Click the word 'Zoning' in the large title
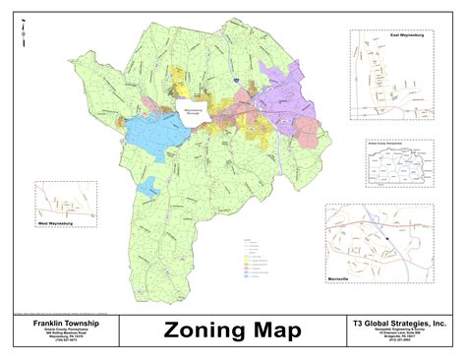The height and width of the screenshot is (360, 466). coord(201,330)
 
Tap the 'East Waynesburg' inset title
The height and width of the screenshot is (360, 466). coord(406,35)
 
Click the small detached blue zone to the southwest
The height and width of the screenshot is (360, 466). coord(148,186)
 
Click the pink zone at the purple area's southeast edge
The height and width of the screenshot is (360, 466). coord(313,133)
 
